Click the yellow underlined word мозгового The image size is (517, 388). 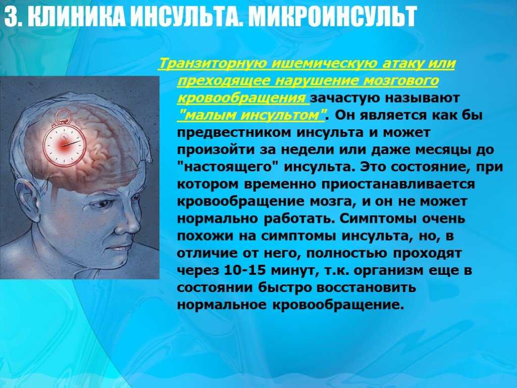coord(400,80)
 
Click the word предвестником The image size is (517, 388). coord(234,133)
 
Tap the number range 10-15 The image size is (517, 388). coord(245,270)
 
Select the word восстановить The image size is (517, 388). coord(366,287)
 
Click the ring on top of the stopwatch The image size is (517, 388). coord(62,116)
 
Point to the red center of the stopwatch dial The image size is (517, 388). coord(63,145)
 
